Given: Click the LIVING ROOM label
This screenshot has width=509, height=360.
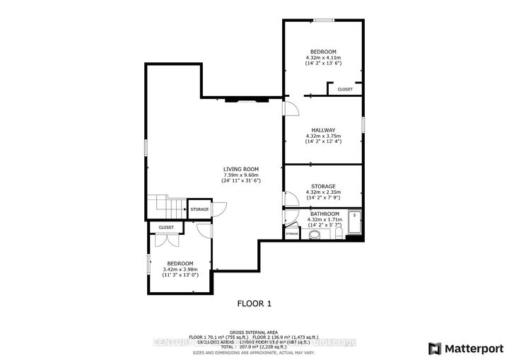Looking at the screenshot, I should coord(241,168).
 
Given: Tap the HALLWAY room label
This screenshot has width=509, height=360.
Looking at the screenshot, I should coord(324,130).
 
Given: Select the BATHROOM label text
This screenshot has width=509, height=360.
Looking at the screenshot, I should coord(324,214).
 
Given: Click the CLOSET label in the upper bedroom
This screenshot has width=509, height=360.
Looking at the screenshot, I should coord(345,89).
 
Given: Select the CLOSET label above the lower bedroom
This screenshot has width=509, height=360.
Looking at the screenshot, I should coord(166,227).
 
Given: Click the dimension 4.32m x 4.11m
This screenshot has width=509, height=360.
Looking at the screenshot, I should coord(324,57).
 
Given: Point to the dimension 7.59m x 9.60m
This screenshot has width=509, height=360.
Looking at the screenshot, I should coord(241,175).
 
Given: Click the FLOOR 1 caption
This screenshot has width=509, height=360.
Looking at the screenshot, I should coord(253,303).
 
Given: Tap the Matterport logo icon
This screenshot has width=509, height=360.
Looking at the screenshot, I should coord(435,348).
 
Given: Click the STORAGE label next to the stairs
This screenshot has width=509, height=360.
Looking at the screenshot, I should coord(199,209).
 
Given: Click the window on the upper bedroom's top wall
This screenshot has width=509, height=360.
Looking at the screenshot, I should coord(324,20).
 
